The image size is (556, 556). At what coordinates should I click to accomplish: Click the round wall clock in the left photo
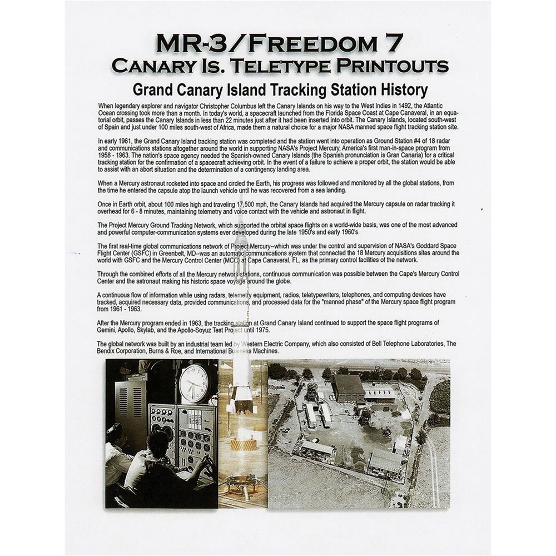point(193,384)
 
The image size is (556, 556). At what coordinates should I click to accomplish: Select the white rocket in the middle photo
point(242,384)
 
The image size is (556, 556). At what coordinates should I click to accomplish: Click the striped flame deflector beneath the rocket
point(244,444)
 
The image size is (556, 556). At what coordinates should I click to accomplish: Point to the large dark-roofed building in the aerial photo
point(349,387)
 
